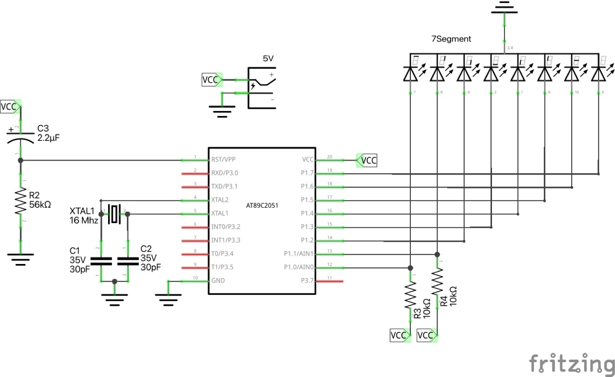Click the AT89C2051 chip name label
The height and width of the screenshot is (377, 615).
coord(262,205)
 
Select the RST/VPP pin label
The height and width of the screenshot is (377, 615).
coord(223,159)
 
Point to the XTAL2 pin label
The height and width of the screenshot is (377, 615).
coord(220,200)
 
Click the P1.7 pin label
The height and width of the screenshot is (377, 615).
coord(307,173)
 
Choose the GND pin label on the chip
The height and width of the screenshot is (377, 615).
coord(218,280)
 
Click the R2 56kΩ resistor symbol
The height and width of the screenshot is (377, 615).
coord(20,201)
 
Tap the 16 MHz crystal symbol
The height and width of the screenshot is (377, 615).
coord(114,214)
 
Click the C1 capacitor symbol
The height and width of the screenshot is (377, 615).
coord(101,261)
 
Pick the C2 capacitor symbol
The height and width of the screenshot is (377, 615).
coord(127,261)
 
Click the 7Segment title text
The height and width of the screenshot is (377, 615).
coord(451,39)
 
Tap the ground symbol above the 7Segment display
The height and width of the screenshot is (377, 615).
coord(504,6)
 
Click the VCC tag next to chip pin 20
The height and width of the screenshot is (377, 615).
coord(368,160)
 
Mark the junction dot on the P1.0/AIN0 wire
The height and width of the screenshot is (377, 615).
coord(410,268)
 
